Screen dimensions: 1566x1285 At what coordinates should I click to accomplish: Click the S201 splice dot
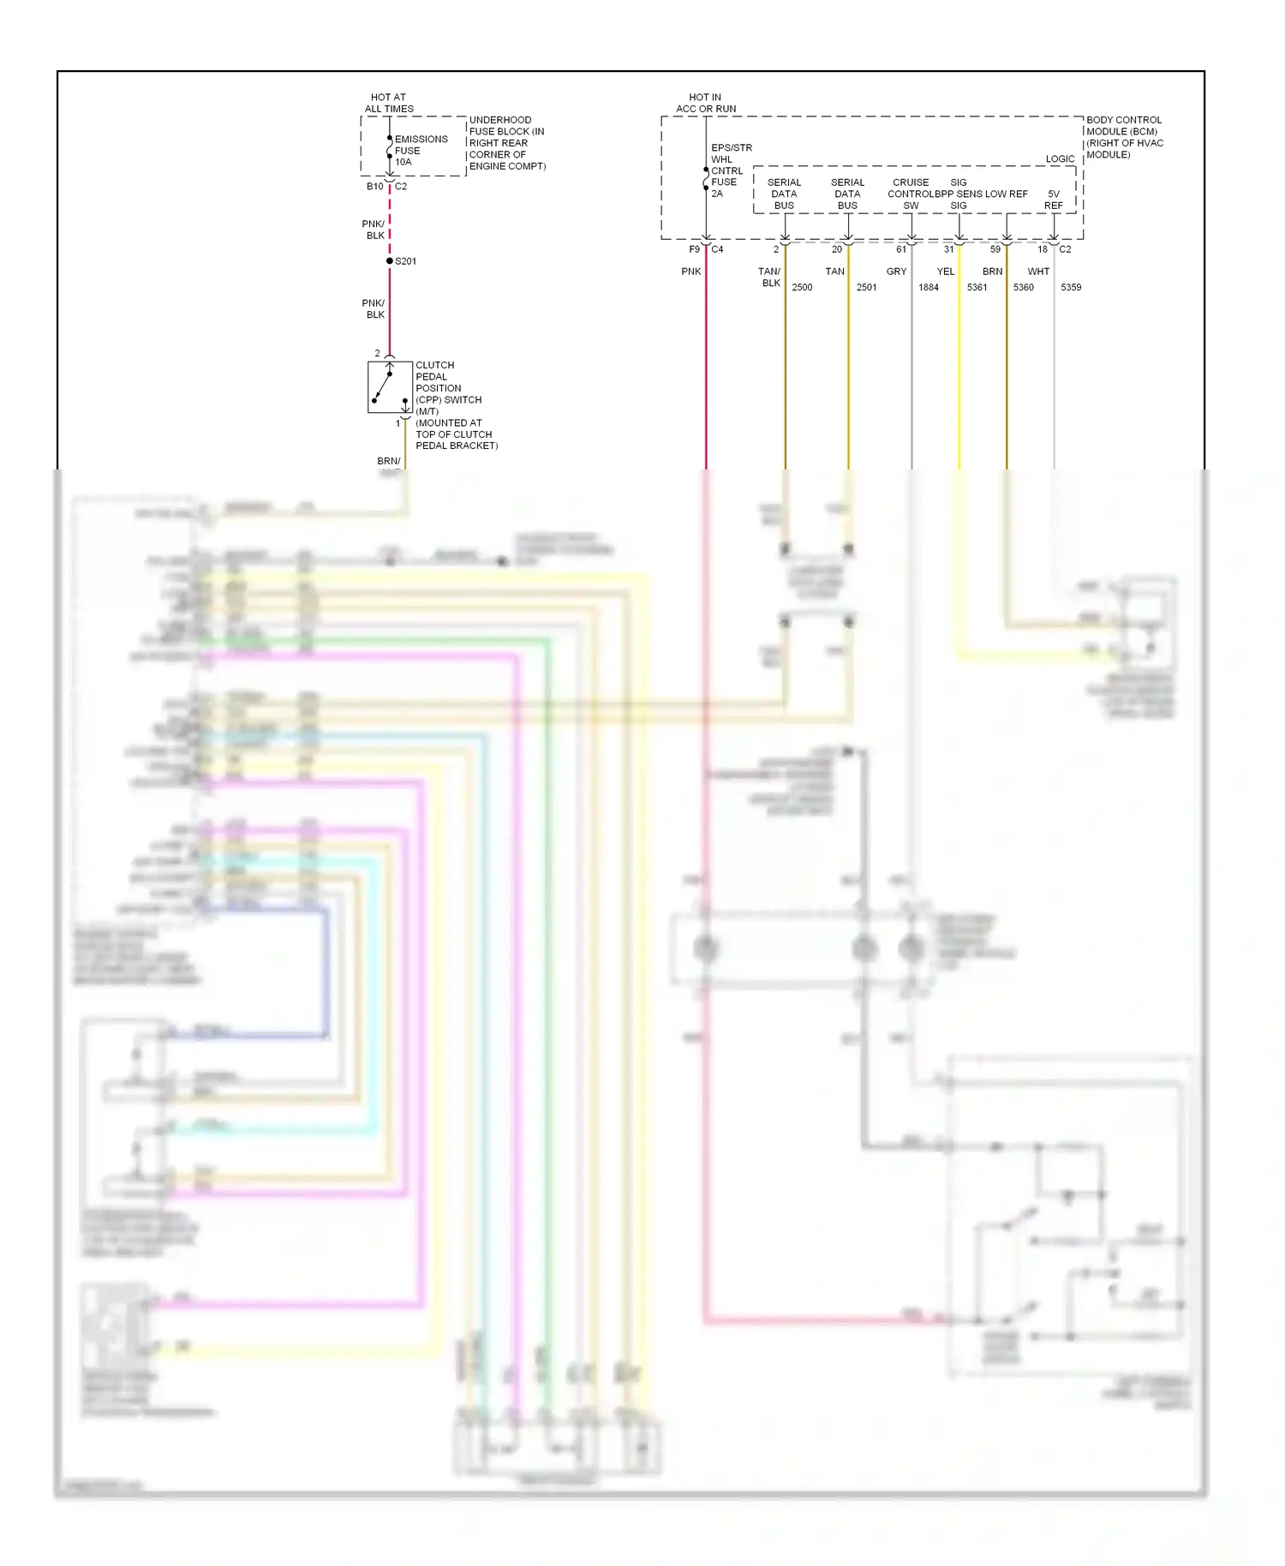[390, 260]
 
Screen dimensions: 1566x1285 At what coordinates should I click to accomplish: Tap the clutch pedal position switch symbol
[390, 388]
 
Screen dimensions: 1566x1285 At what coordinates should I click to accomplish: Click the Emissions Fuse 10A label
[421, 150]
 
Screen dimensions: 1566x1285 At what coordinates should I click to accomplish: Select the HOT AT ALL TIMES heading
[389, 103]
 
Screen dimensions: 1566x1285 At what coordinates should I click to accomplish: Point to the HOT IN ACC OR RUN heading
[705, 103]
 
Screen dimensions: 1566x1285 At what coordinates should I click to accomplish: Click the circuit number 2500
[802, 287]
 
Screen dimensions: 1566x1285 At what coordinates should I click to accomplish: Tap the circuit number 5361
[977, 287]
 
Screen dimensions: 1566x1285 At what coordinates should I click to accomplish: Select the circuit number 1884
[929, 287]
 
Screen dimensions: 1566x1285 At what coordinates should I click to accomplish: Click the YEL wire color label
[945, 272]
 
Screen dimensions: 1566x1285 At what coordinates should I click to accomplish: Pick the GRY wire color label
[896, 272]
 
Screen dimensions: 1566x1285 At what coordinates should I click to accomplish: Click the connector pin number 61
[901, 249]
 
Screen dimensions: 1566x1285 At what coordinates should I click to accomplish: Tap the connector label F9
[695, 249]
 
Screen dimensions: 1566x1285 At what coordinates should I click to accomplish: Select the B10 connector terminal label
[375, 187]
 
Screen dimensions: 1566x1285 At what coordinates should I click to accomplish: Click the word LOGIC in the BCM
[1060, 158]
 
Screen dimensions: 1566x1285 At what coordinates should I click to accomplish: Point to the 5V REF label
[1054, 200]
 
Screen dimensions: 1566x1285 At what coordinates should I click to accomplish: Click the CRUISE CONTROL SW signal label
[910, 194]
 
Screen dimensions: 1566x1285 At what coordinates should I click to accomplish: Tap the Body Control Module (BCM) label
[1124, 137]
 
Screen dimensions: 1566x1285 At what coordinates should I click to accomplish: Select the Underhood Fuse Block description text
[506, 143]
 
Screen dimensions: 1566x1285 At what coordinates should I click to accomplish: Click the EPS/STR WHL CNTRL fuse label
[731, 170]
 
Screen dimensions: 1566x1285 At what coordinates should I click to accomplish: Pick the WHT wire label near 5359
[1038, 272]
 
